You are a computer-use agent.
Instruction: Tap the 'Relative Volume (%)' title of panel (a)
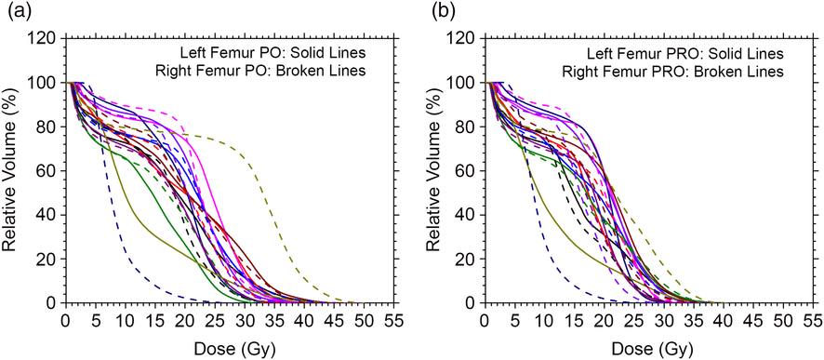point(14,170)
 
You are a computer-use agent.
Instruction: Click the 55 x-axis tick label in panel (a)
point(393,321)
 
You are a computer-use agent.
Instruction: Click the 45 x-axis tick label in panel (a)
point(334,321)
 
